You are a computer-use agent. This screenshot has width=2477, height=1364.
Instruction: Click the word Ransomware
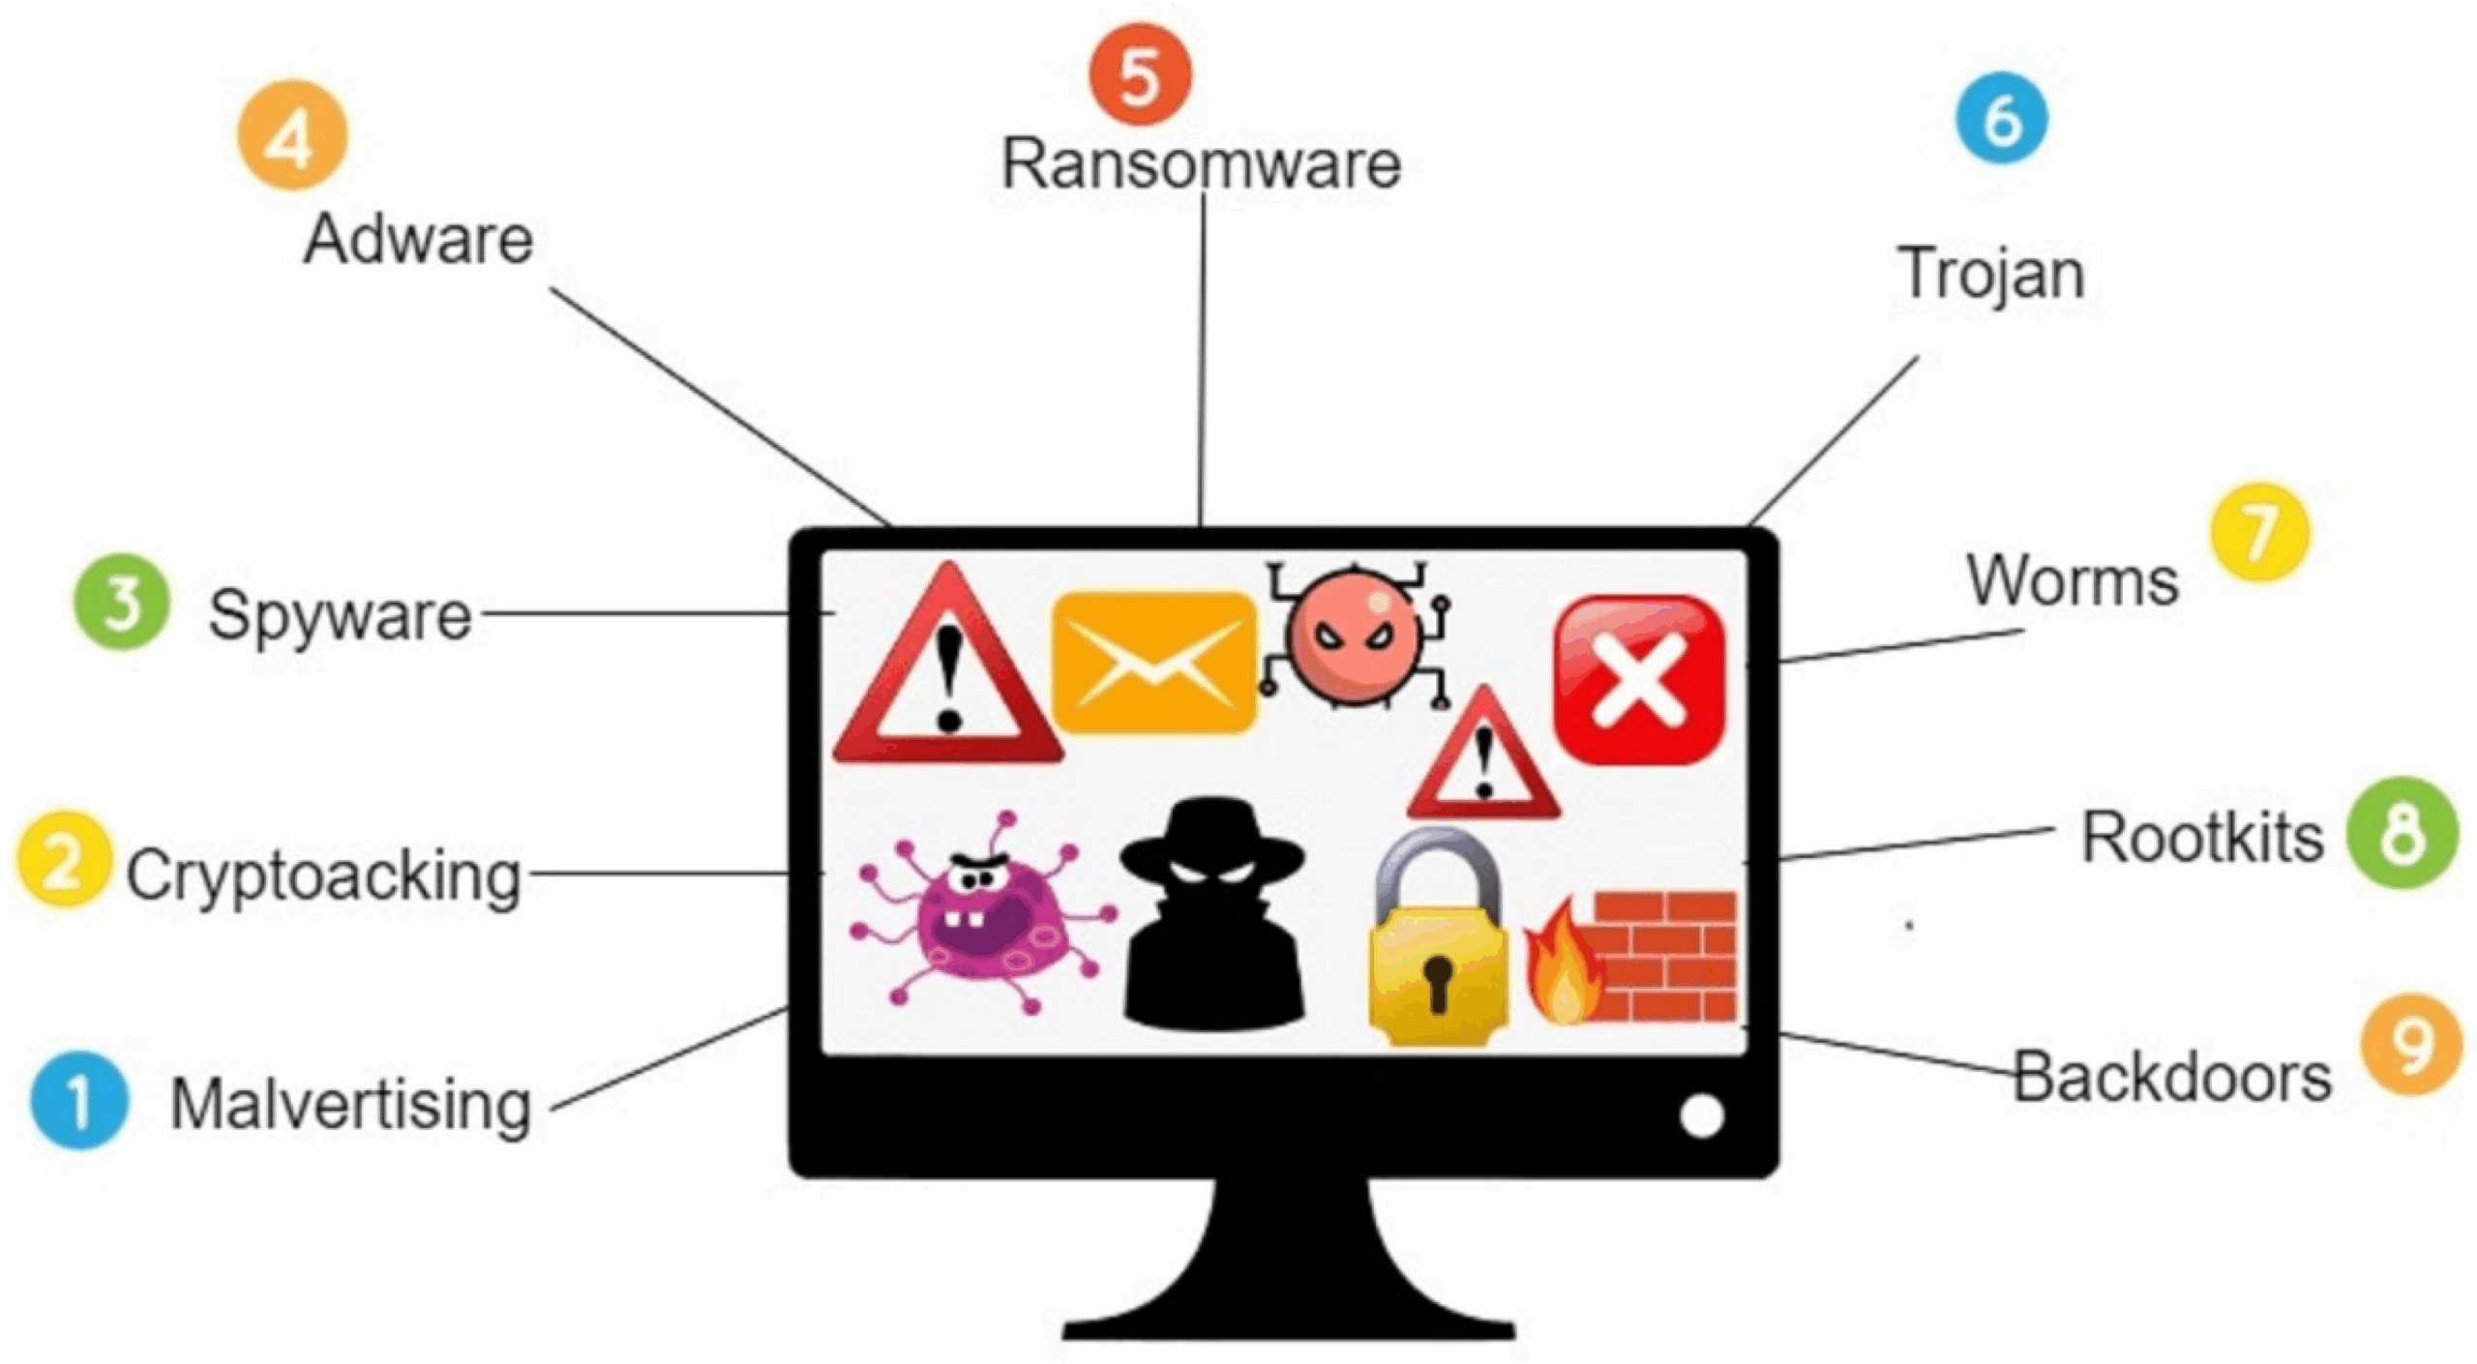point(1201,163)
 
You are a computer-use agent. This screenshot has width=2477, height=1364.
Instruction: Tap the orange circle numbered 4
point(292,136)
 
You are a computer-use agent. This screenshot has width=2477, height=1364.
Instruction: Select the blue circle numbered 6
point(2002,119)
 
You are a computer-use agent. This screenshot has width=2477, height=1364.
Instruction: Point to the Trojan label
point(1992,275)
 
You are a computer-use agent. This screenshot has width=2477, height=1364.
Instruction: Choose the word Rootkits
point(2202,837)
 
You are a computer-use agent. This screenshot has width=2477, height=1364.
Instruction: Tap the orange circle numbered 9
point(2411,1044)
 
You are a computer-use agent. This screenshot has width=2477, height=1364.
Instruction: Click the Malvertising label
point(351,1106)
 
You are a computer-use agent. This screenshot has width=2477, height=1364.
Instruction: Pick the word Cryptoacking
point(324,876)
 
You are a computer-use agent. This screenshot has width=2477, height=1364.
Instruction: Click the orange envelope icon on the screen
point(1153,662)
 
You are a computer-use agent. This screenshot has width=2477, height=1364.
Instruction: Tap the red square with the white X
point(1639,680)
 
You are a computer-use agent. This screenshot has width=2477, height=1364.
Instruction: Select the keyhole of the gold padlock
point(1438,983)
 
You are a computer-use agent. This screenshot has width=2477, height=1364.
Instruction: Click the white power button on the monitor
point(1702,1115)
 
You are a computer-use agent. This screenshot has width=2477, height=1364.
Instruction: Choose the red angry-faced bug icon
point(1355,635)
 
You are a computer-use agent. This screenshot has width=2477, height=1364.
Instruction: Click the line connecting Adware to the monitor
point(721,406)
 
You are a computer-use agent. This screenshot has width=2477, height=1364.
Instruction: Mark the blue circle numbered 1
point(79,1100)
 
